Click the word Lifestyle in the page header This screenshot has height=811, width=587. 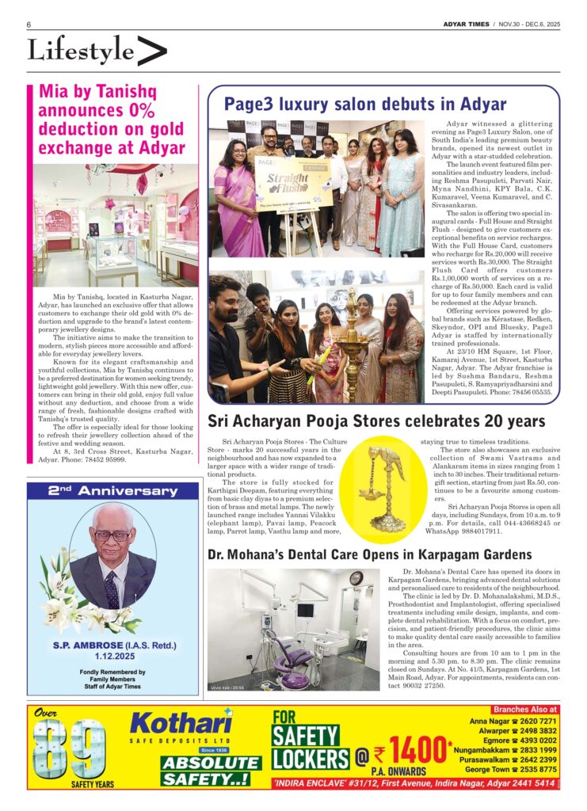(81, 51)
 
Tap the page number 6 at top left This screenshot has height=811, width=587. (29, 25)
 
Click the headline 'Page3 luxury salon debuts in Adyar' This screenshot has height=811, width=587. (364, 104)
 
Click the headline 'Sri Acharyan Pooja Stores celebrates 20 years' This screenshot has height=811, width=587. (376, 421)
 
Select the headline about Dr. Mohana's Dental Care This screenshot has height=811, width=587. (369, 554)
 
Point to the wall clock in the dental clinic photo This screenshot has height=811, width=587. (356, 580)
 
